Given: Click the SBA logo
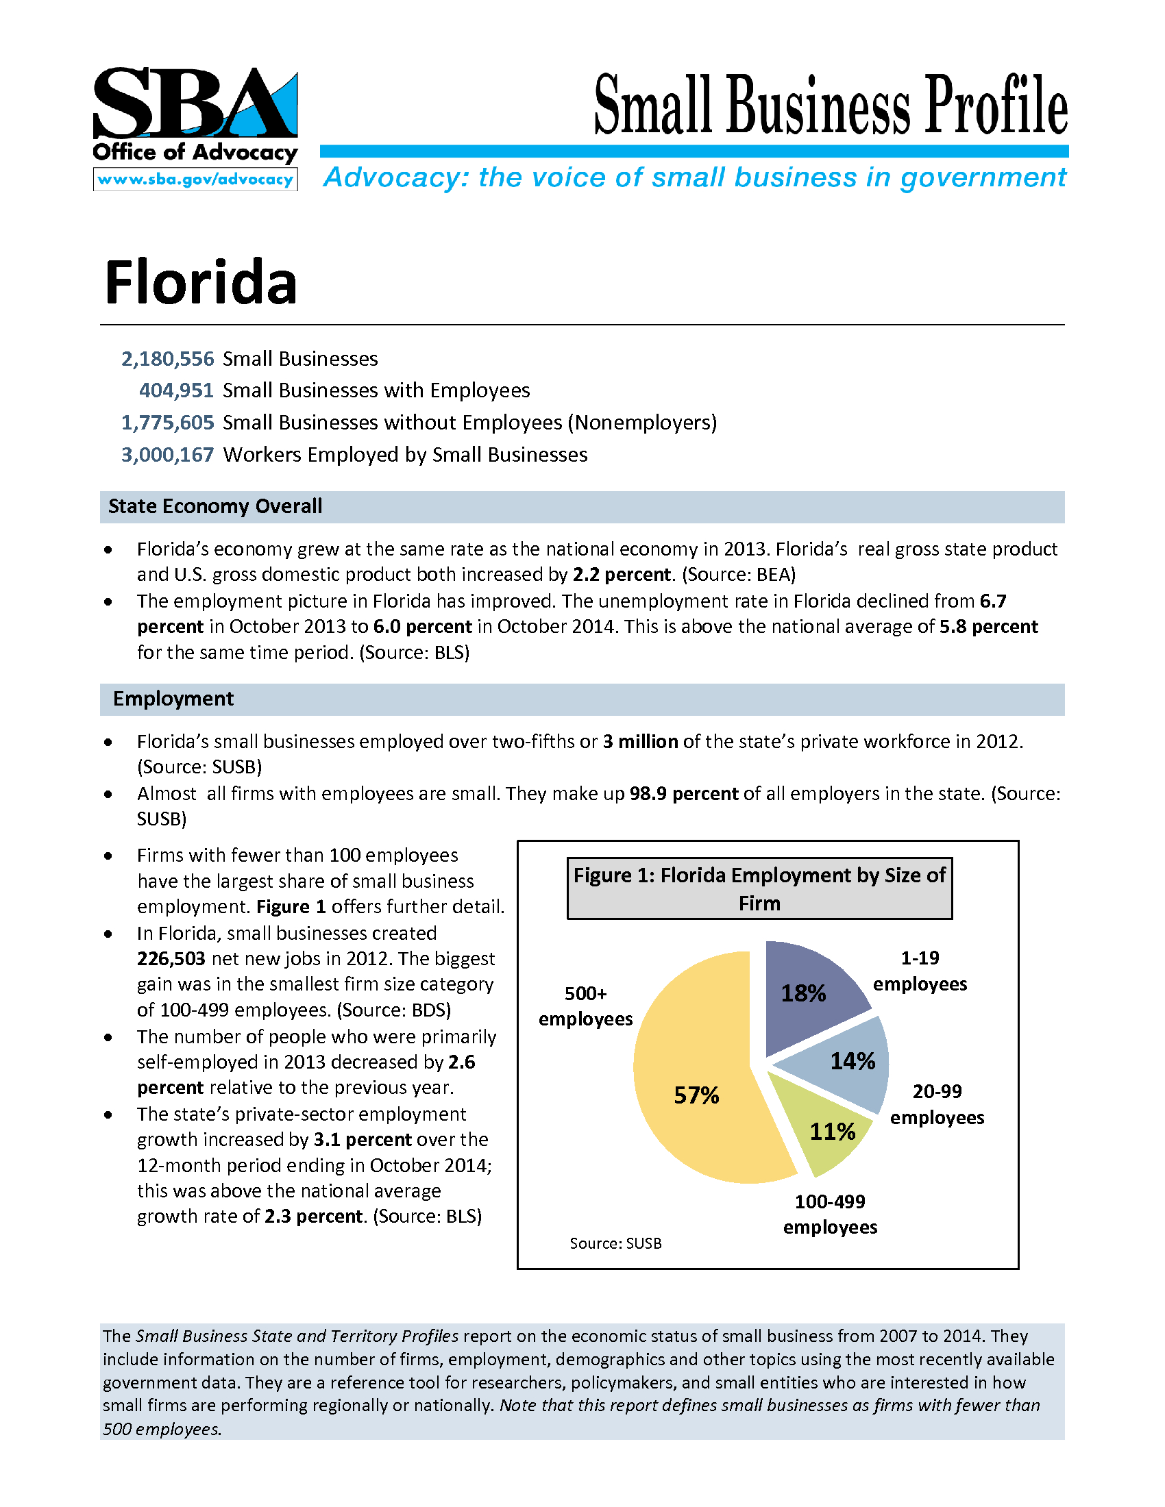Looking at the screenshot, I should (x=195, y=103).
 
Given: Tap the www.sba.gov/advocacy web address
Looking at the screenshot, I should (x=195, y=179).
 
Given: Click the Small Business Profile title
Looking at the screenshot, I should (x=831, y=105).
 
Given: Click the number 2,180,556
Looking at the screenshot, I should (x=168, y=359).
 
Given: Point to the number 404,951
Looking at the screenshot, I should (x=177, y=390).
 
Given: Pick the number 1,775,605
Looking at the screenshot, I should (x=168, y=422).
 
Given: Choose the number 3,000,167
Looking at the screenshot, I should (x=168, y=455).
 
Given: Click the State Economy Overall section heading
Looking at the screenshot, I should (x=215, y=506).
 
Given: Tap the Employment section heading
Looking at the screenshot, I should (x=173, y=699).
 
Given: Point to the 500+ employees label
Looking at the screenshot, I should (x=585, y=1006).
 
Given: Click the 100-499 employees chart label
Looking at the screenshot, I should (x=831, y=1215).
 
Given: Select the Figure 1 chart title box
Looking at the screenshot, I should (x=759, y=888).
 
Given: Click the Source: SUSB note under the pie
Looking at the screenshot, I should (x=615, y=1243).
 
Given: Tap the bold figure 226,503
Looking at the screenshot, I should (x=171, y=959).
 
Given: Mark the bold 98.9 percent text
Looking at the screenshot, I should (x=684, y=793).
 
